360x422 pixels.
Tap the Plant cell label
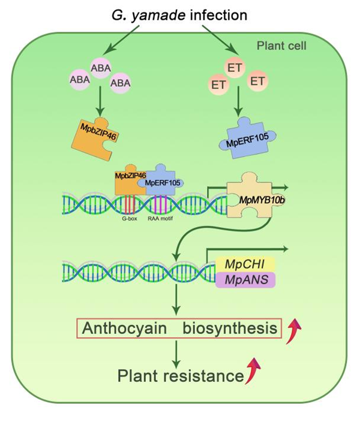click(x=281, y=46)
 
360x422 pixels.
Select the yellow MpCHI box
click(x=245, y=264)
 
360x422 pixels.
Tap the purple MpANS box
click(x=245, y=279)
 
